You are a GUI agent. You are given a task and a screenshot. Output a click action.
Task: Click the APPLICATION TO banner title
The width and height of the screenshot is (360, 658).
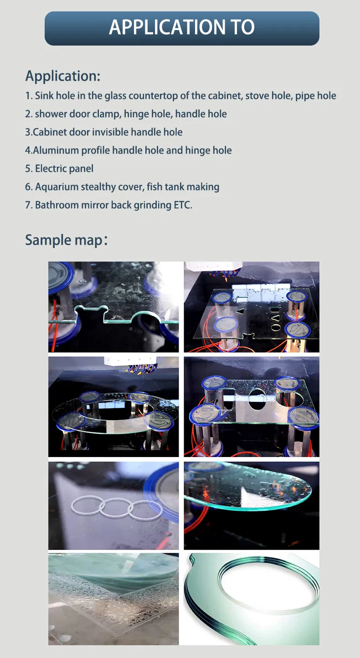click(x=182, y=27)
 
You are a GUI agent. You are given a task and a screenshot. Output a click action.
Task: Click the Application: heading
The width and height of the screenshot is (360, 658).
click(x=63, y=76)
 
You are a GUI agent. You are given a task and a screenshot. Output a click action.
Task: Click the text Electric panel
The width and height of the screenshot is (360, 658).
click(x=64, y=168)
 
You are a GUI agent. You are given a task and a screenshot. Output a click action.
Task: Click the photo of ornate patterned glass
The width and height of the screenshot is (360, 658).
click(x=113, y=599)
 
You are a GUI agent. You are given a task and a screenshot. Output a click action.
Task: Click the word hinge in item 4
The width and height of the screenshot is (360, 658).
click(x=197, y=150)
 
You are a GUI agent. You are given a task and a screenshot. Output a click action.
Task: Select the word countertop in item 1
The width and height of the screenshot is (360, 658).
click(x=153, y=96)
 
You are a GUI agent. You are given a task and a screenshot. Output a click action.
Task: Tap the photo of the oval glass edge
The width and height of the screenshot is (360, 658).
click(x=252, y=505)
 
